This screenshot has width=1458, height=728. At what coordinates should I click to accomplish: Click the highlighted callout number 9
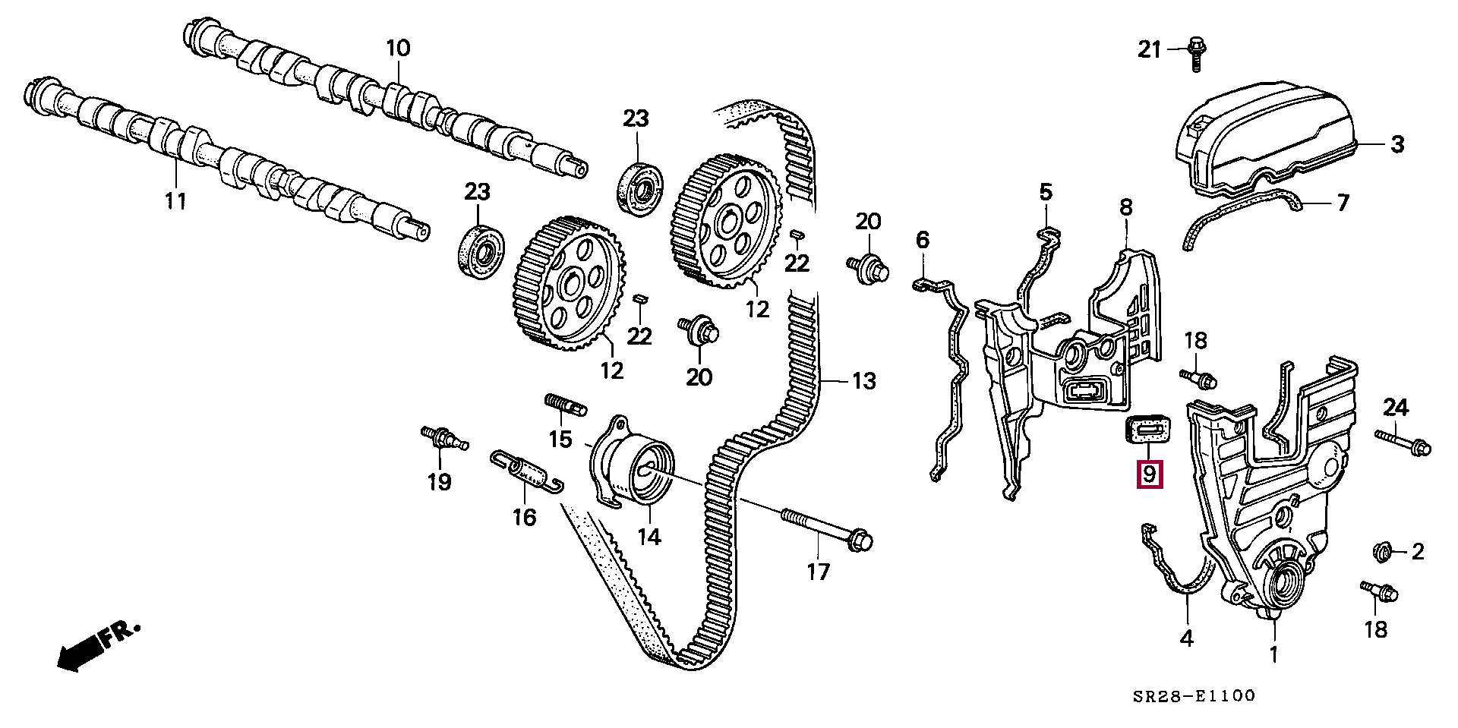[1149, 474]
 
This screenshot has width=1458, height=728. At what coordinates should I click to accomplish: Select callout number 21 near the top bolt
[1149, 50]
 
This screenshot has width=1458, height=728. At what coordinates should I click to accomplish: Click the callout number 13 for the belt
[864, 380]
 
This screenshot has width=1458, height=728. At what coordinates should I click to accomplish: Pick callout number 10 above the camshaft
[398, 49]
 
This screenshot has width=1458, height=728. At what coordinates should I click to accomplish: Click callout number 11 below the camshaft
[175, 201]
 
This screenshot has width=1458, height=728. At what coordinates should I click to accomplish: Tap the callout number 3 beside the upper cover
[1397, 144]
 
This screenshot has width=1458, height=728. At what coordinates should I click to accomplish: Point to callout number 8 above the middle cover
[1125, 206]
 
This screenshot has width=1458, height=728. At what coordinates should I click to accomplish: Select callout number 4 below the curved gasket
[1186, 638]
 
